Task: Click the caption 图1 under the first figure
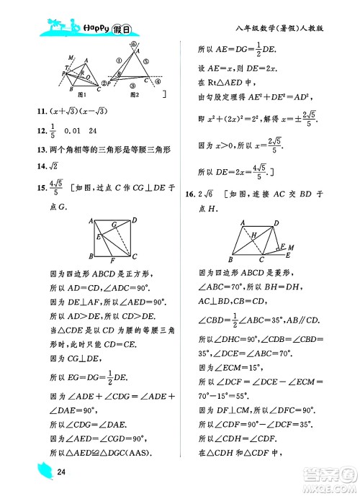(81, 94)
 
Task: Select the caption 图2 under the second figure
(133, 94)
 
